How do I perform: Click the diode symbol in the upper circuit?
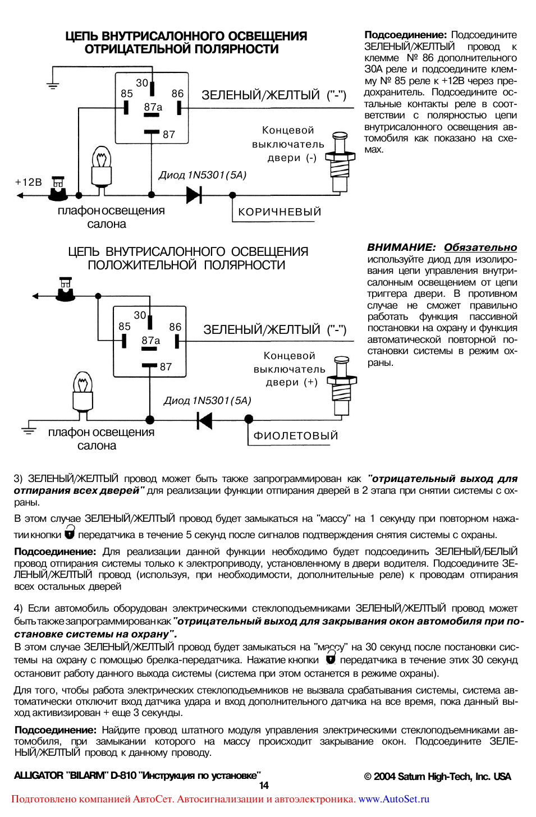(194, 195)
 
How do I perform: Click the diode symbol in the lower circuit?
(205, 420)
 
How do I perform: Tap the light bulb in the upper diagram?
(102, 167)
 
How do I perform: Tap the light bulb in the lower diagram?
(83, 391)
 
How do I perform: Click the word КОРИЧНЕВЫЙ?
(280, 212)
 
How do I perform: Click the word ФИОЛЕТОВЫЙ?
(295, 436)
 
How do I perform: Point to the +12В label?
(29, 182)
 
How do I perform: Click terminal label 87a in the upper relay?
(153, 107)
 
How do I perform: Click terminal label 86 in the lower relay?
(175, 327)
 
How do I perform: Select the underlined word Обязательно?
(480, 247)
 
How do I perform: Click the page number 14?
(264, 786)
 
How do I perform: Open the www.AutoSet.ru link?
(393, 799)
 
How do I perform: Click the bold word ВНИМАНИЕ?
(401, 247)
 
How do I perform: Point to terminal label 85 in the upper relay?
(127, 94)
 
